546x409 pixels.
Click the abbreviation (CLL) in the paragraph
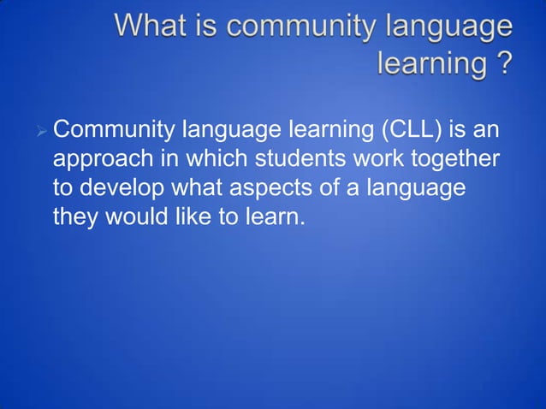tap(401, 133)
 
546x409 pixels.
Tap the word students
tap(312, 160)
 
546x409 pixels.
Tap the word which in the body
tap(213, 160)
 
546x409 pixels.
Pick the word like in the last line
tap(199, 216)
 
